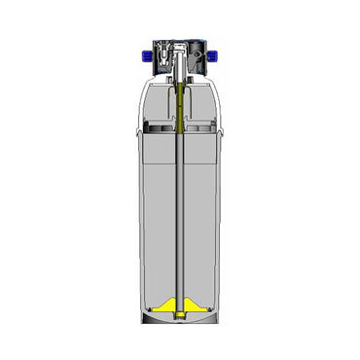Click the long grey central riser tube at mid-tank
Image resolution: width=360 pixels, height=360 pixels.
(181, 214)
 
